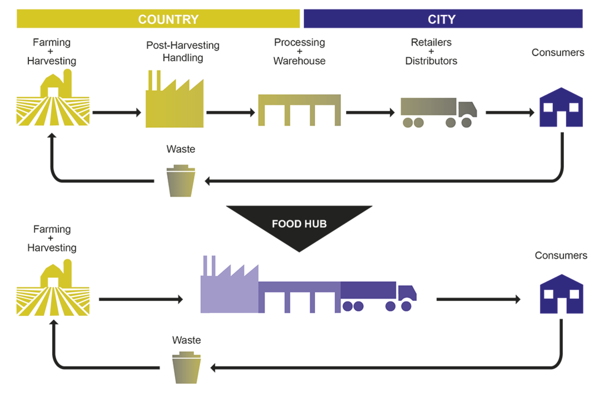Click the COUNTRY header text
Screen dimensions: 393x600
tap(168, 19)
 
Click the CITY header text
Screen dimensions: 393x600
tap(442, 19)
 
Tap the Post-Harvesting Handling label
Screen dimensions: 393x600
tap(183, 51)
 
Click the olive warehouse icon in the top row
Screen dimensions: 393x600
tap(299, 107)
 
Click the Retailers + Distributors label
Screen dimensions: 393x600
tap(431, 51)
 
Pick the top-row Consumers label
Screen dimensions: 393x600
tap(558, 53)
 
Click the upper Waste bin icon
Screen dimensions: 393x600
tap(181, 181)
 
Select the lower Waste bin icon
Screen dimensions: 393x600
tap(186, 368)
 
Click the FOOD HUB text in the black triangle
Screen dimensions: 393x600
tap(299, 224)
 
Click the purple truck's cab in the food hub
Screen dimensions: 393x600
tap(407, 293)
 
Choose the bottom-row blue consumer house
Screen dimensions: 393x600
tap(561, 295)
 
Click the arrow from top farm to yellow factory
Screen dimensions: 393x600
tap(117, 113)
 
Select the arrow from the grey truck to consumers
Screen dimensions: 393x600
tap(510, 113)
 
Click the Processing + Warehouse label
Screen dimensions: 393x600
tap(299, 51)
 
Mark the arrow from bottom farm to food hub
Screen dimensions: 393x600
tap(141, 299)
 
